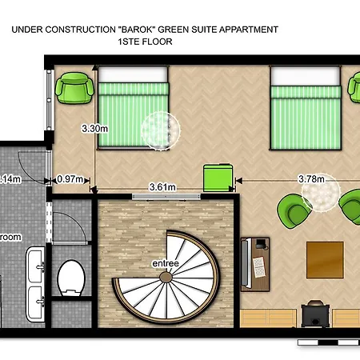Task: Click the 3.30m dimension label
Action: coord(94,126)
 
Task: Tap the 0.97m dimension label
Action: coord(70,180)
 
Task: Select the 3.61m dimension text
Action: coord(163,186)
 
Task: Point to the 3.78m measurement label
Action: coord(311,179)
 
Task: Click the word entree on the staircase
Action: coord(165,263)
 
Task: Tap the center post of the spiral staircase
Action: coord(166,278)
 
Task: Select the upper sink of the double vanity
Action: coord(35,261)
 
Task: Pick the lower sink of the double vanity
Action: coord(35,301)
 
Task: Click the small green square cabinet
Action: coord(218,177)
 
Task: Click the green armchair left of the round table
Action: coord(294,210)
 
